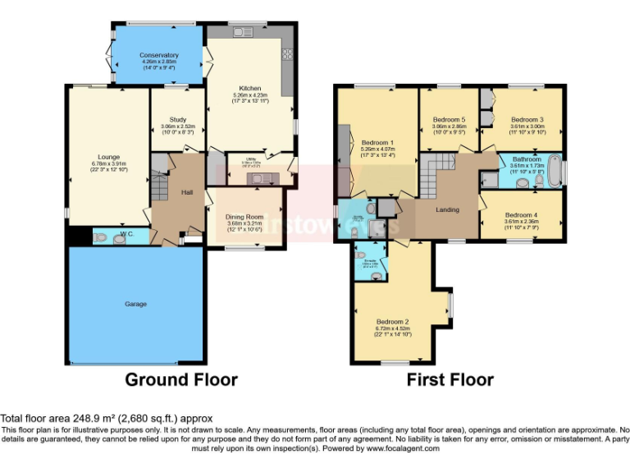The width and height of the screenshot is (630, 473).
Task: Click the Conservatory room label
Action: (159, 55)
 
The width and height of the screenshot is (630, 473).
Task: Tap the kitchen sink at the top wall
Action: (244, 33)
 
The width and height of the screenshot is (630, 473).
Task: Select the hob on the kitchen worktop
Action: (287, 55)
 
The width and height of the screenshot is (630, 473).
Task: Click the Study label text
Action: (179, 119)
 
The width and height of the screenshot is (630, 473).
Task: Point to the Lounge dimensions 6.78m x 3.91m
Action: (109, 163)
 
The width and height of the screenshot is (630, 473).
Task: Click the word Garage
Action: (135, 304)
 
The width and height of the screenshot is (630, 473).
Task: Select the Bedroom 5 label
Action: (449, 119)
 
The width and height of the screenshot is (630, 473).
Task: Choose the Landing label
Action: (448, 209)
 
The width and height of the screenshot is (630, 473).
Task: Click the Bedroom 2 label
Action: (392, 321)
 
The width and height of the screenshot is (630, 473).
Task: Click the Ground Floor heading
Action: (180, 379)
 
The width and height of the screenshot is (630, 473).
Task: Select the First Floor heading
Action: (450, 379)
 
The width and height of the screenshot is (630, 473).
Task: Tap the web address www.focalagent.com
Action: (403, 448)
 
